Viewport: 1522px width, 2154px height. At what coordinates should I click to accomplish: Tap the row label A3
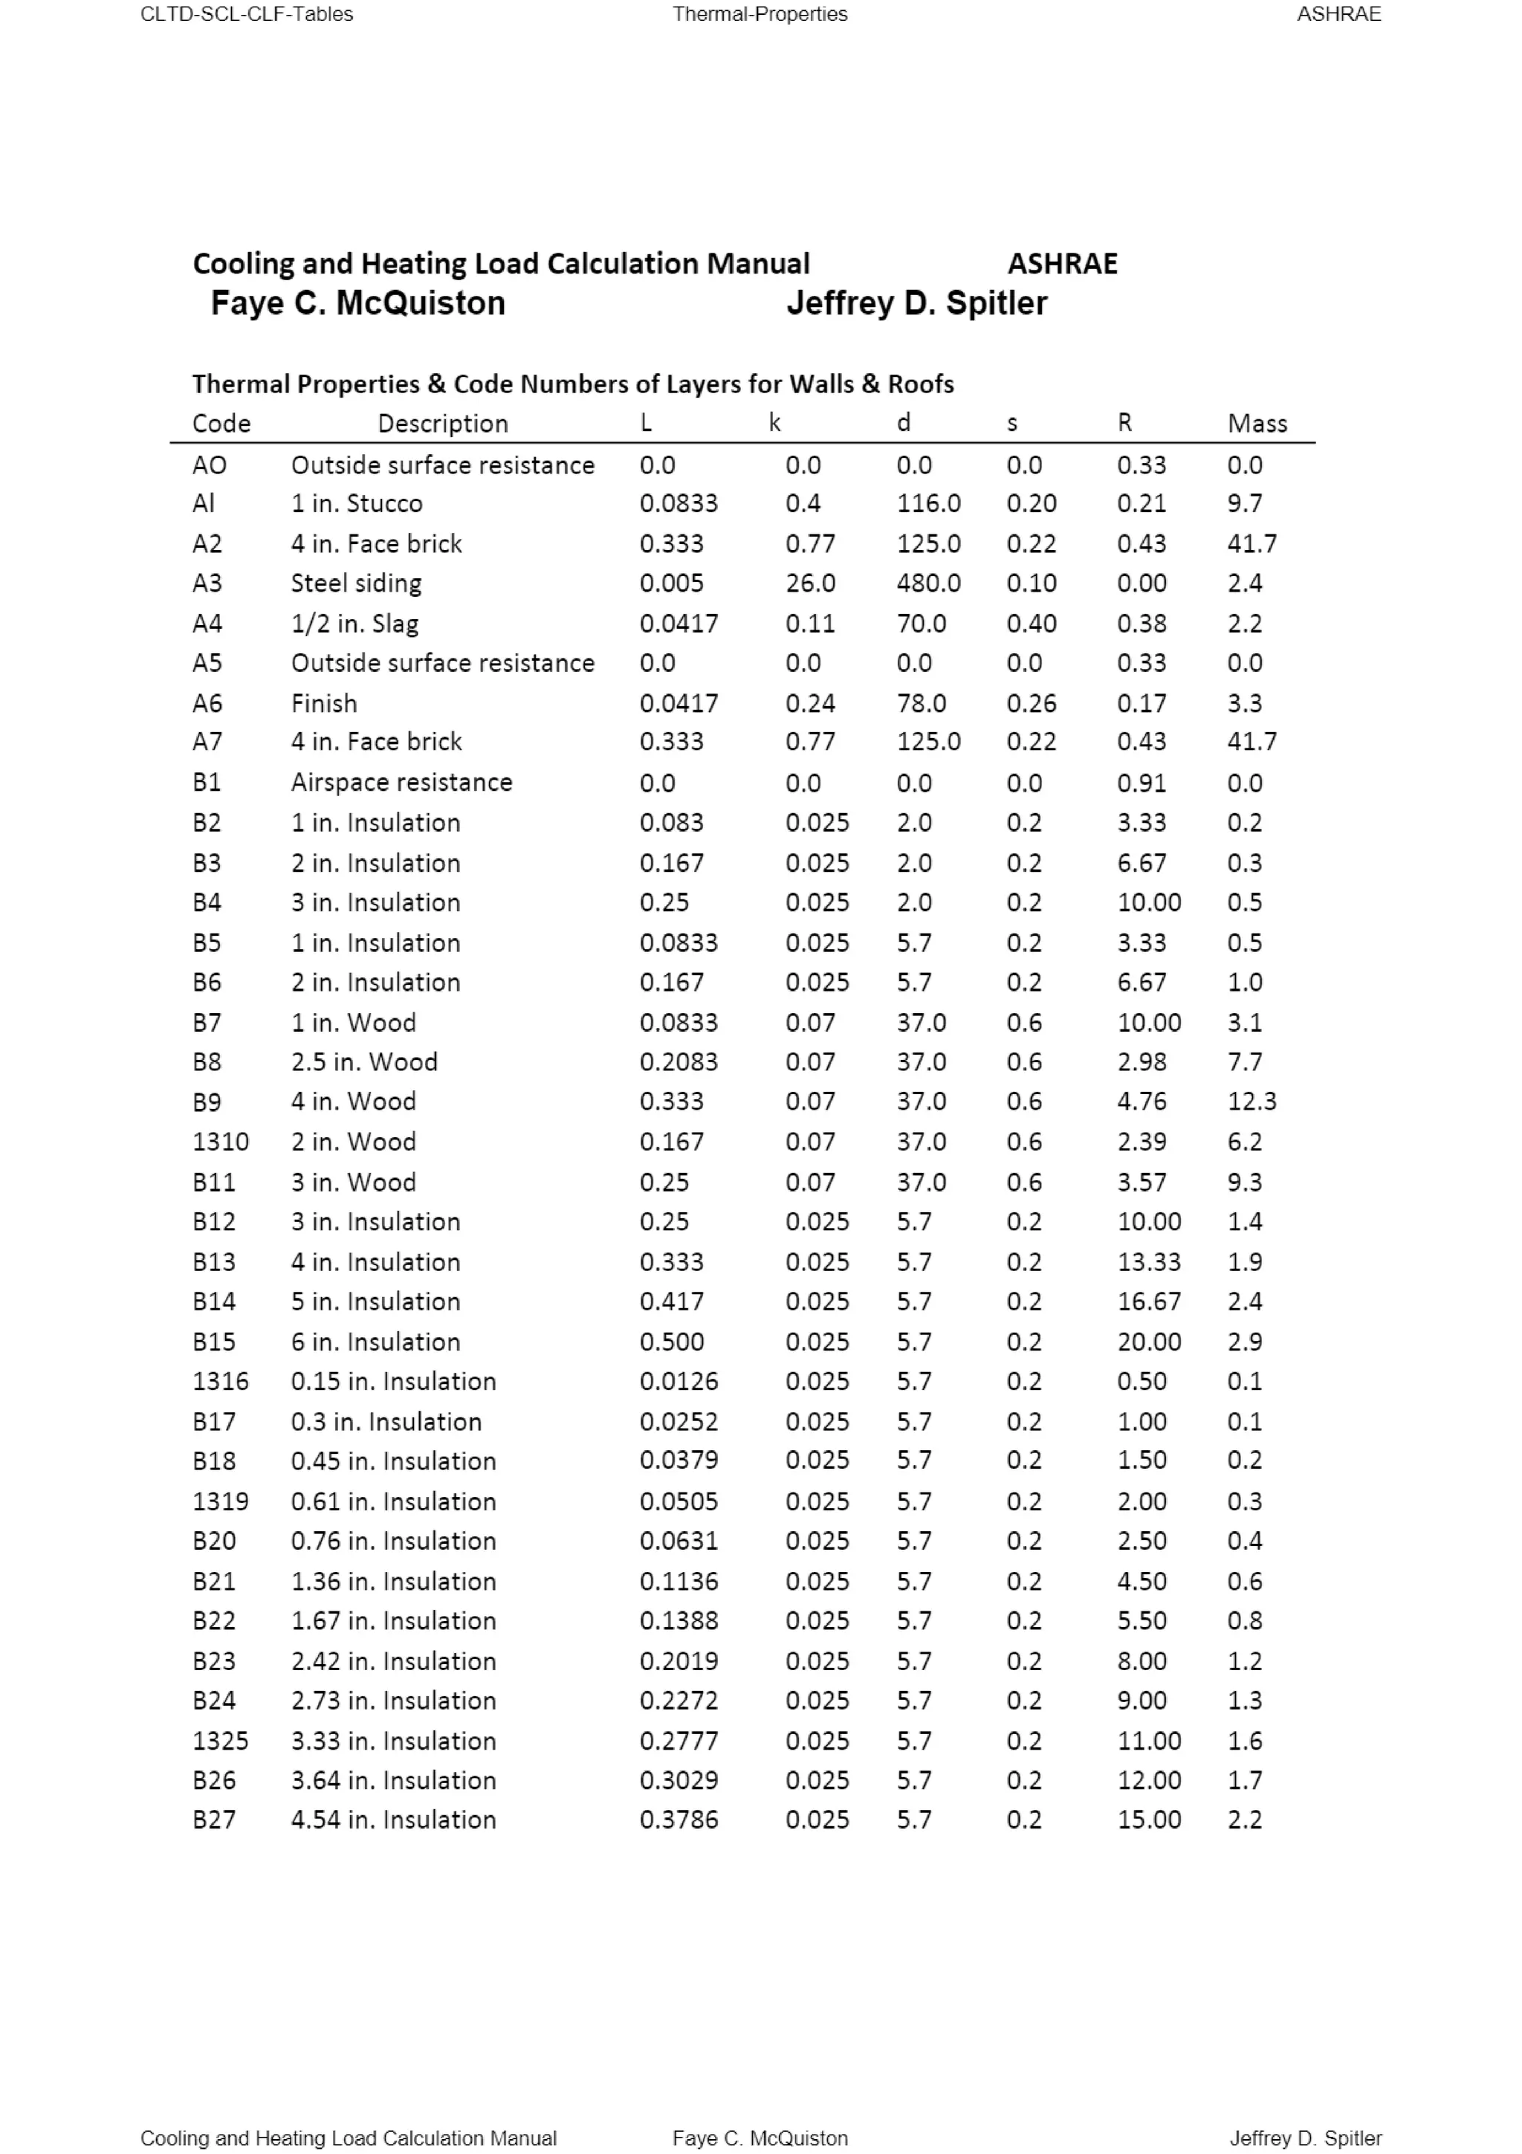(x=207, y=583)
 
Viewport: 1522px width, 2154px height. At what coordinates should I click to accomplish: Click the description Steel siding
(x=355, y=583)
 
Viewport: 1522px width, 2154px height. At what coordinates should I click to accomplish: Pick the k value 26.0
(x=809, y=583)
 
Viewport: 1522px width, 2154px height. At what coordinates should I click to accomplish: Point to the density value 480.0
(x=927, y=583)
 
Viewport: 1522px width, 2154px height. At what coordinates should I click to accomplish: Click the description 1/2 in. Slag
(x=354, y=623)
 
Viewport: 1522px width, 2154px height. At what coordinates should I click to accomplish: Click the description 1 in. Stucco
(x=357, y=503)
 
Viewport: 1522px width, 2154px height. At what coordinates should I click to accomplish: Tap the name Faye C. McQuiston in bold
(x=357, y=303)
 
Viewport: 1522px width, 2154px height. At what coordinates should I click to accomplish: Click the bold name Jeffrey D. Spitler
(x=916, y=303)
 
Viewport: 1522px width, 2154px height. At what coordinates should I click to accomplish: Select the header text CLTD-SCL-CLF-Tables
(x=247, y=14)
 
